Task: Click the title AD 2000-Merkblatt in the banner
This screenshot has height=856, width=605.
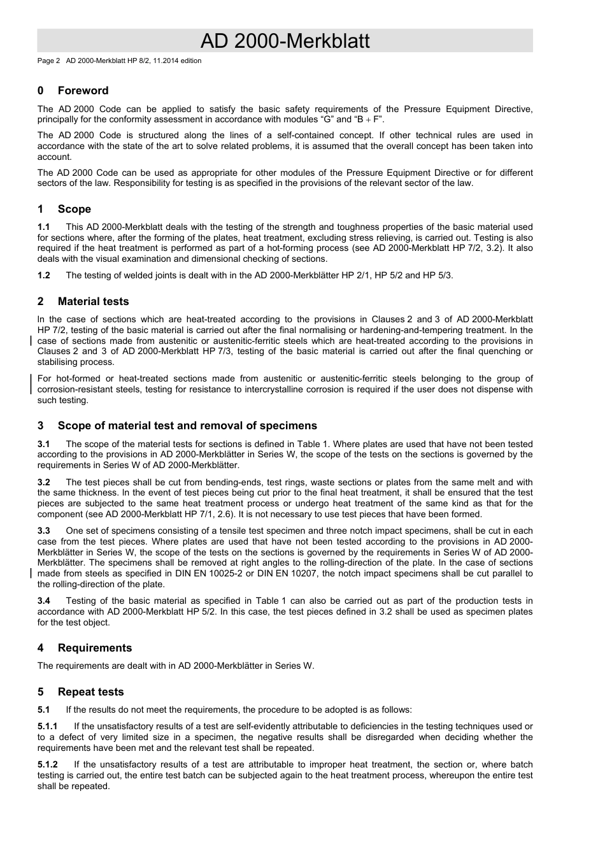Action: click(x=285, y=41)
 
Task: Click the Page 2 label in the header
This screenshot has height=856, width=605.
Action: click(x=48, y=61)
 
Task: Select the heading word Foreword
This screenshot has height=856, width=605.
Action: click(x=83, y=90)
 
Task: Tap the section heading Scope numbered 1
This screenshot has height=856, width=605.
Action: click(x=74, y=209)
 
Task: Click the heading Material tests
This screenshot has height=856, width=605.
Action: click(x=93, y=301)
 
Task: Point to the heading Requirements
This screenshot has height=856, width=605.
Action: click(x=94, y=648)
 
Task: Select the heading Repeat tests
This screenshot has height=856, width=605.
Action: click(x=90, y=692)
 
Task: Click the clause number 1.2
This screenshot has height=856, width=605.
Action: click(x=43, y=275)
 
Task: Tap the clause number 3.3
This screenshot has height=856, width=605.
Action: click(x=43, y=531)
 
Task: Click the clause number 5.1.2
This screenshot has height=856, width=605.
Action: click(x=47, y=764)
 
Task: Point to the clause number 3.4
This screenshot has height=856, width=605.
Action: click(x=43, y=601)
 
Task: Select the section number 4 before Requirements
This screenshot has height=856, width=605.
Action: click(x=41, y=648)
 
